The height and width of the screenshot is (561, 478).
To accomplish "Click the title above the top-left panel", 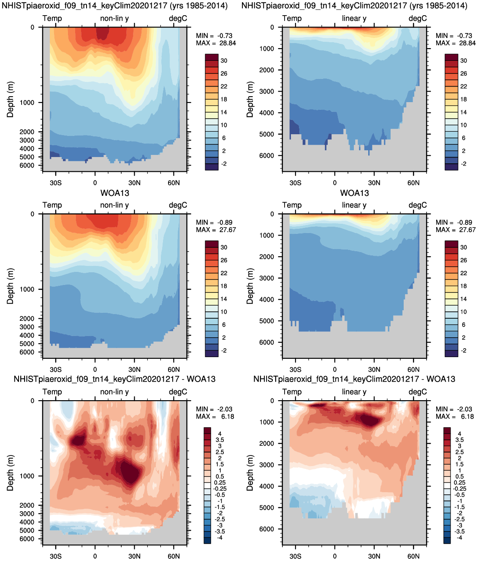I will [x=114, y=6].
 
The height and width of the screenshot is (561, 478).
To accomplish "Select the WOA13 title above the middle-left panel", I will [x=114, y=193].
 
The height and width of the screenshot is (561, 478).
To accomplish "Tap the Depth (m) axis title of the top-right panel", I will [x=250, y=99].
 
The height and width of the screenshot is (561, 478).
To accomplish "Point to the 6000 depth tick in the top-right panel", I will [x=266, y=156].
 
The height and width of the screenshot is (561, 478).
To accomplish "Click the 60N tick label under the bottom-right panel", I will [x=413, y=556].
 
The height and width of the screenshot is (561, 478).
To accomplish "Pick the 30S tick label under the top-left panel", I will [x=56, y=183].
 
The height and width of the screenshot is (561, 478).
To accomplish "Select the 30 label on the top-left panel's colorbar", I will [x=224, y=61].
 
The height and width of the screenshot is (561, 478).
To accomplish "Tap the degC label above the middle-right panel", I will [x=418, y=205].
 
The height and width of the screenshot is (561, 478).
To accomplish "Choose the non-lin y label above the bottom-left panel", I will [x=114, y=392].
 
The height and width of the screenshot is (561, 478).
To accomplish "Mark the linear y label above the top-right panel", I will [x=354, y=19].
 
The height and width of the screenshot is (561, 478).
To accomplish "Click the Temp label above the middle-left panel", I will [x=52, y=205].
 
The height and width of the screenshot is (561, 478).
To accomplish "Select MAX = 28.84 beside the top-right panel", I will [x=456, y=43].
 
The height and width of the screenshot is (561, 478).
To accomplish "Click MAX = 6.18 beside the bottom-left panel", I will [x=215, y=417].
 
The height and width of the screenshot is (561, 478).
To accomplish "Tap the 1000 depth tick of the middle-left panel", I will [x=27, y=290].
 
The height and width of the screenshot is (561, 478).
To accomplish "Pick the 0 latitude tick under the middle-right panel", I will [x=335, y=370].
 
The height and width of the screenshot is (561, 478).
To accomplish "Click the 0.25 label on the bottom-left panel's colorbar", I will [x=220, y=482].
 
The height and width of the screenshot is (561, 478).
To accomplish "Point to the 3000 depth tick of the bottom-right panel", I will [x=266, y=465].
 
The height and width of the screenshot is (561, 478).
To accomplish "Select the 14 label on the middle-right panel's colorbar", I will [x=464, y=299].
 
